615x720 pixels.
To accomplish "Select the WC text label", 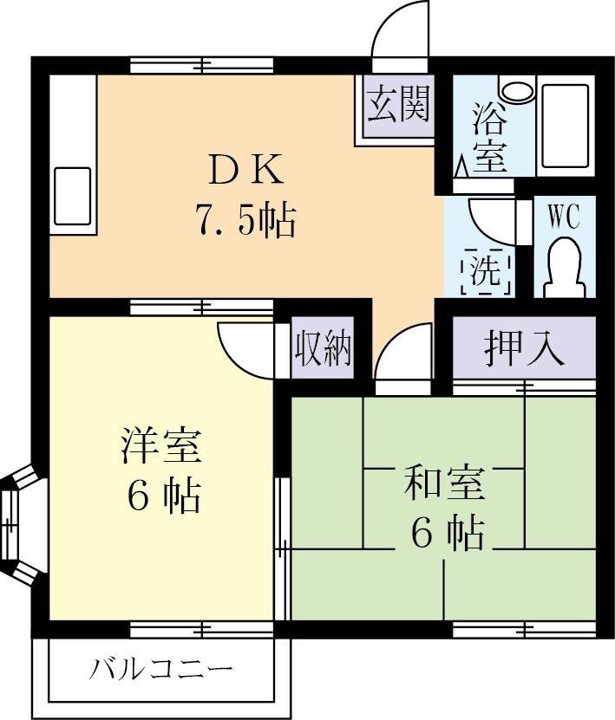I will coord(563,217).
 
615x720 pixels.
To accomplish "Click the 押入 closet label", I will coord(524,348).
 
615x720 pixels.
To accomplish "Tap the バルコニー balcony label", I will coord(161,670).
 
